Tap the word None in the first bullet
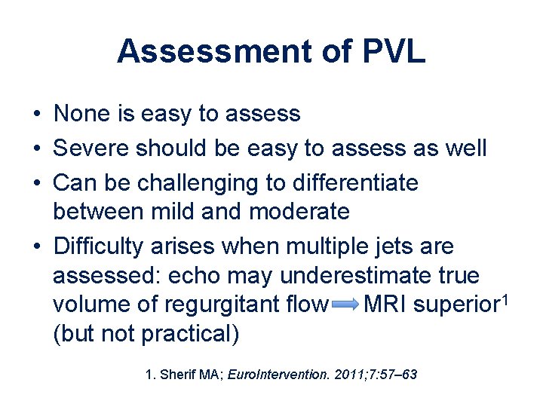click(x=81, y=115)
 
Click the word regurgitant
click(x=225, y=305)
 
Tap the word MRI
click(x=385, y=305)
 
